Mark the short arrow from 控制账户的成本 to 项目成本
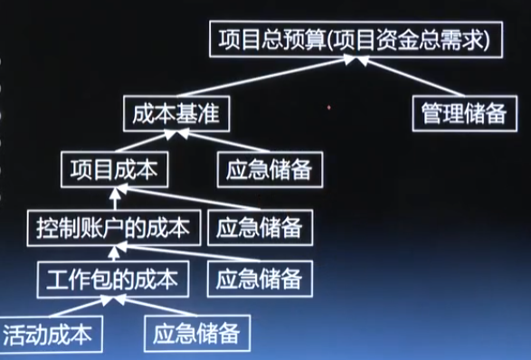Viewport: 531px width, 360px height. pyautogui.click(x=115, y=199)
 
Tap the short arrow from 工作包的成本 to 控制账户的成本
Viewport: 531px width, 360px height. pyautogui.click(x=114, y=253)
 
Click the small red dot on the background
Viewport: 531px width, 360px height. pyautogui.click(x=329, y=108)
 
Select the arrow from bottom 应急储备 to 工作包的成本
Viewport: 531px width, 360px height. pyautogui.click(x=155, y=306)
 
